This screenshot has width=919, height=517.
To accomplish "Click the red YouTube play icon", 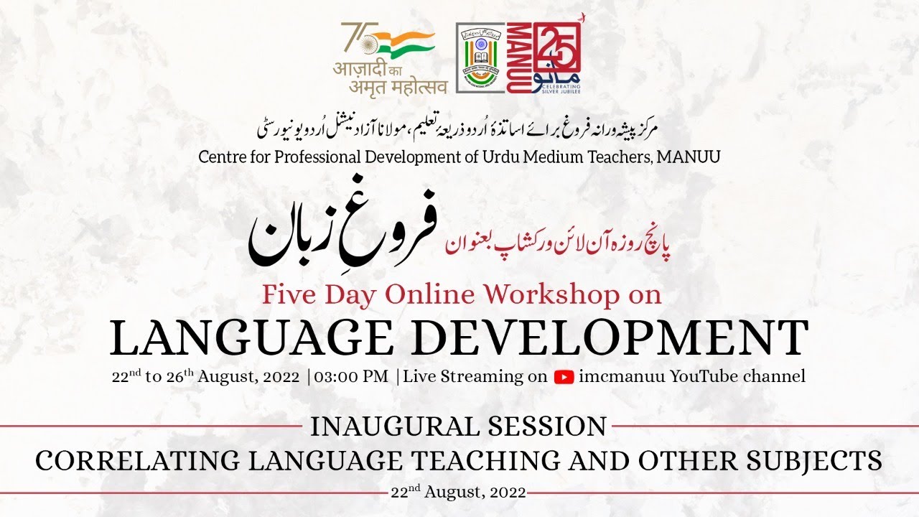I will point(564,377).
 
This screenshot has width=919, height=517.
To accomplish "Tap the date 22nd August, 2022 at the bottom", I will point(459,493).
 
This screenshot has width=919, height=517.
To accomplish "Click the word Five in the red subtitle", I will point(288,294).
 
